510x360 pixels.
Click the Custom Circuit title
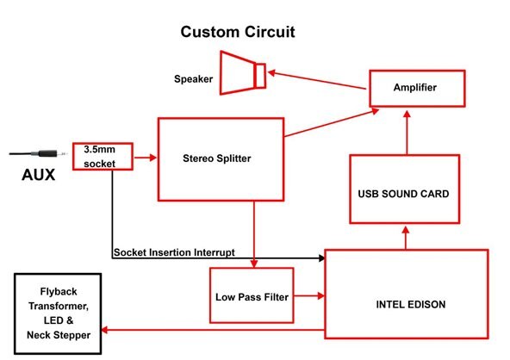(x=238, y=32)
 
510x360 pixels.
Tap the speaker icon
(x=243, y=73)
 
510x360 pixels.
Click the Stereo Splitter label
(x=217, y=158)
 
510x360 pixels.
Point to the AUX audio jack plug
(x=38, y=153)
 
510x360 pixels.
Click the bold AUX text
(x=39, y=175)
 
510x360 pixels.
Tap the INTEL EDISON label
(x=411, y=304)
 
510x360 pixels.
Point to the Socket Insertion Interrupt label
(x=174, y=252)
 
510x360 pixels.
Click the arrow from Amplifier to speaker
(x=317, y=80)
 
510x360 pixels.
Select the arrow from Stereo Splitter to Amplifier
(x=332, y=122)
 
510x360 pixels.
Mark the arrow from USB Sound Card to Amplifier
(x=407, y=133)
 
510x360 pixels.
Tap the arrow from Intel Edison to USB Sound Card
(x=406, y=238)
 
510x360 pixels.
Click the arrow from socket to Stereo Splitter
(x=146, y=158)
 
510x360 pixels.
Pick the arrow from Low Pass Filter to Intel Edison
(x=309, y=295)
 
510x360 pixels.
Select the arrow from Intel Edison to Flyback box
(x=213, y=330)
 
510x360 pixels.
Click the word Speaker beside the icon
(x=193, y=78)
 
